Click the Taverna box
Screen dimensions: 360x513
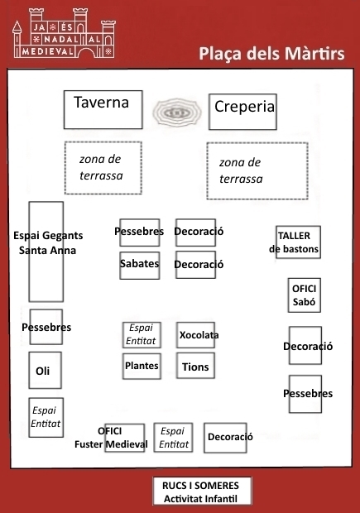click(103, 109)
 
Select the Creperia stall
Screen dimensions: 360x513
click(242, 112)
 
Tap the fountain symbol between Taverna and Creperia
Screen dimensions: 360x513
click(176, 113)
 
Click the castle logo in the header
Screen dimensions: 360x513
click(65, 33)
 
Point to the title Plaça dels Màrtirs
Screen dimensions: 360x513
click(271, 54)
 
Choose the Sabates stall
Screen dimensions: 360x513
click(140, 266)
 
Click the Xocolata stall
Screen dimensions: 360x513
click(195, 335)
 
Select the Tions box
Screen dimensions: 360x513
click(195, 366)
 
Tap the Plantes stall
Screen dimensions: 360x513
click(142, 367)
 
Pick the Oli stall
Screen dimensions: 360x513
click(46, 371)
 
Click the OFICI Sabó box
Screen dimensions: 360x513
click(305, 295)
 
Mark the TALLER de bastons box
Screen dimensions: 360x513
click(298, 242)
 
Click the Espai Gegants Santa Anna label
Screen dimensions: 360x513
click(48, 242)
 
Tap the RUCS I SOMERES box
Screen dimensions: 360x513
click(202, 491)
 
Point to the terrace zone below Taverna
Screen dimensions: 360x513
click(103, 168)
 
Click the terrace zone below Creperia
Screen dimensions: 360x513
click(257, 170)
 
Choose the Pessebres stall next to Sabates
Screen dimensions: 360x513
click(140, 233)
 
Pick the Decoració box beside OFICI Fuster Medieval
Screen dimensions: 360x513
click(225, 438)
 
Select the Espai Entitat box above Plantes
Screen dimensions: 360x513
click(142, 335)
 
